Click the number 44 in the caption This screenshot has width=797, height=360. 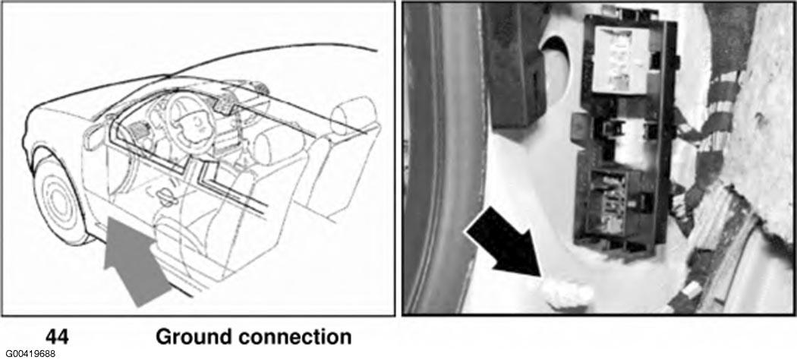[x=57, y=336]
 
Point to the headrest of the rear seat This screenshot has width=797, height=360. [x=353, y=115]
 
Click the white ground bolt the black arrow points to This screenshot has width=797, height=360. [x=567, y=293]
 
